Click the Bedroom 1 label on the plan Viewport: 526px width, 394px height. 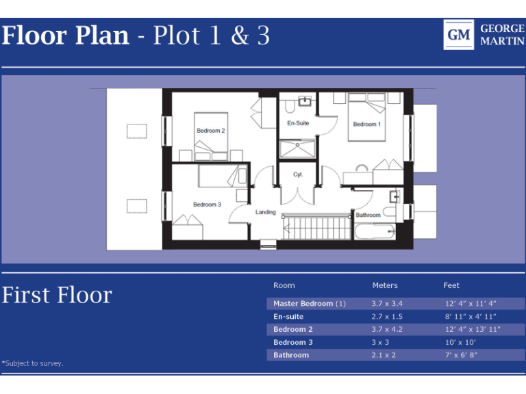click(x=366, y=124)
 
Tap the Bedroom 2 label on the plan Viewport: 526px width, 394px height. click(x=211, y=131)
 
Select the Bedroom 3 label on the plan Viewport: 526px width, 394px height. click(x=207, y=205)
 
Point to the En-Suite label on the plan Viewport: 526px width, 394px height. click(x=298, y=123)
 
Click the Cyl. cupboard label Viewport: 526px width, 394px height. click(x=298, y=174)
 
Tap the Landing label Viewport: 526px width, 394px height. click(x=266, y=212)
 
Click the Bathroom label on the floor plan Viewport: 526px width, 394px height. click(x=368, y=215)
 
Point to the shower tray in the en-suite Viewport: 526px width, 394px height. click(x=297, y=148)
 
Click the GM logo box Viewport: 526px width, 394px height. click(x=459, y=35)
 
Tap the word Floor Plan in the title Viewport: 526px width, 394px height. click(x=65, y=36)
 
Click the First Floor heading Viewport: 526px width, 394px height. click(x=57, y=295)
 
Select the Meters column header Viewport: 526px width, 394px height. click(x=385, y=285)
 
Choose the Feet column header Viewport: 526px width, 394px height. click(x=451, y=285)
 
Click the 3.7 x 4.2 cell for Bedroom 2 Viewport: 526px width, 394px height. click(x=387, y=329)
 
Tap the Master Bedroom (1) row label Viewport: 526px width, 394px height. click(x=310, y=303)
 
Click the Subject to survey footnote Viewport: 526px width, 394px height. click(x=33, y=363)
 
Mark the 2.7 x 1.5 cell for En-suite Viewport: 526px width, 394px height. click(x=387, y=316)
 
